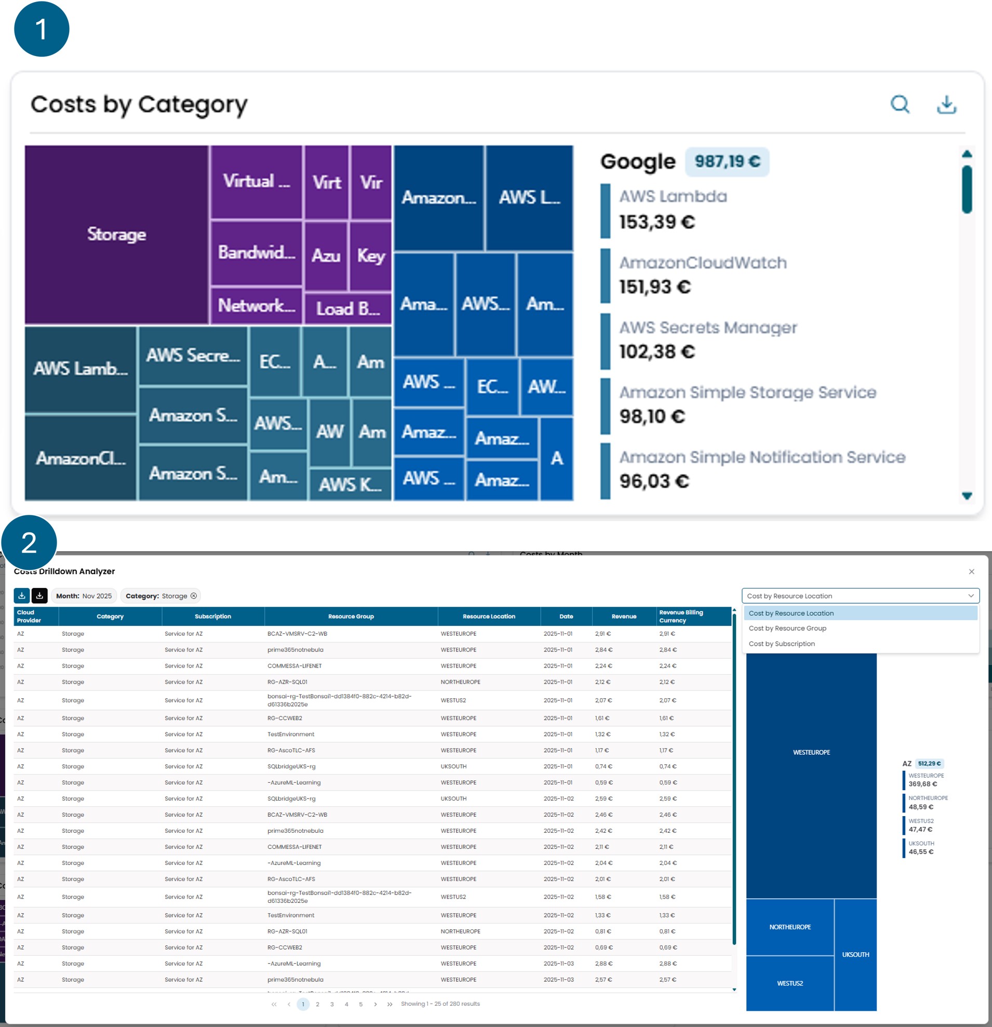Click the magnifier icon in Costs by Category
[900, 104]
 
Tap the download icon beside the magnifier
[946, 104]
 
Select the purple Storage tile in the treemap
[116, 234]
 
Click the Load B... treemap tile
[347, 309]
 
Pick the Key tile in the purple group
[371, 256]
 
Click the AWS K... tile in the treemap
[350, 484]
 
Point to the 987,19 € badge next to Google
[727, 162]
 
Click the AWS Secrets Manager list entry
[707, 328]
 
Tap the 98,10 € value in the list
[652, 417]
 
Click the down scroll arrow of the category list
[967, 496]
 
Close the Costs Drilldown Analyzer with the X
[972, 571]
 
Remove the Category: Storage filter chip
[194, 596]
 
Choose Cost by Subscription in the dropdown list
[782, 644]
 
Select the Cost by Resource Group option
[787, 628]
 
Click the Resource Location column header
[489, 616]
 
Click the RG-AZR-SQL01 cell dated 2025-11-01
[288, 682]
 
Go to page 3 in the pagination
[332, 1005]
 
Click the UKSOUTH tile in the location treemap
[855, 955]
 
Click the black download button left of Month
[39, 596]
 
